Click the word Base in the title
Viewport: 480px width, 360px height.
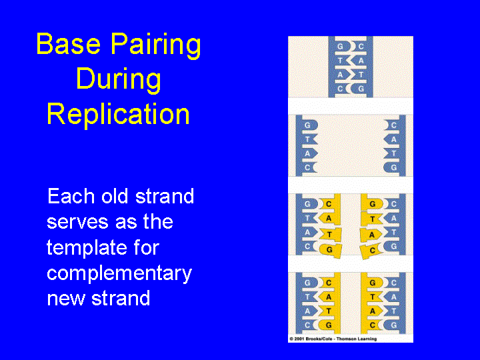point(63,45)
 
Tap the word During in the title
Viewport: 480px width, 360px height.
point(118,79)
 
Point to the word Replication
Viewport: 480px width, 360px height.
point(118,114)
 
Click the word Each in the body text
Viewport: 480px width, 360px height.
point(67,197)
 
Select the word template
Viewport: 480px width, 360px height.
point(84,247)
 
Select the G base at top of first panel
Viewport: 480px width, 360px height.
point(341,47)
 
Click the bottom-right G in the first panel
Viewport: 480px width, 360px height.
point(361,88)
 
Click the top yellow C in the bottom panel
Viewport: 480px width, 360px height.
point(328,283)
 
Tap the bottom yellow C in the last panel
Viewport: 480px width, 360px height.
point(373,325)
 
